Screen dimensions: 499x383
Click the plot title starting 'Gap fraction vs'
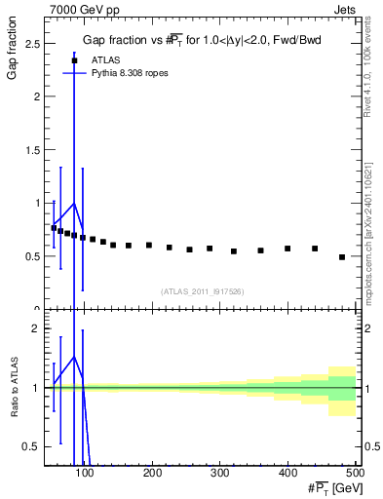point(201,40)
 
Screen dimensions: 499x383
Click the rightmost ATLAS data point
point(342,257)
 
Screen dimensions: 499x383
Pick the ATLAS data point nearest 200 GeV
point(149,246)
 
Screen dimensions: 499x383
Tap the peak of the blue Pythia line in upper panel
point(74,204)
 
